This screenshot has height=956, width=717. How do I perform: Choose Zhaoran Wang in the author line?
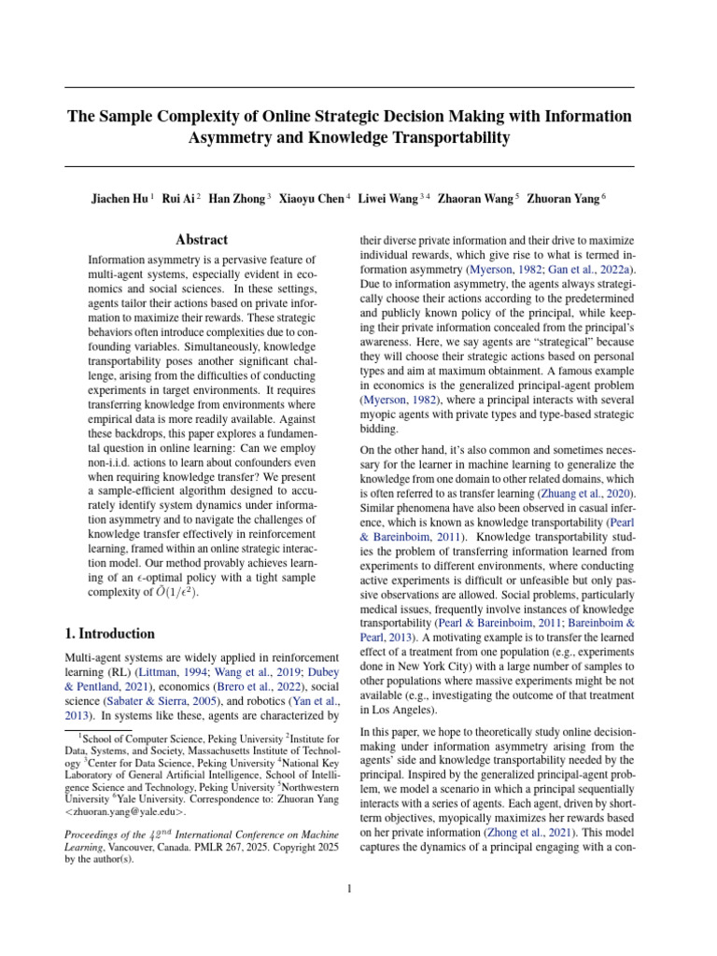coord(473,198)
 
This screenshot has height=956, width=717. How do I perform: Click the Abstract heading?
coord(202,240)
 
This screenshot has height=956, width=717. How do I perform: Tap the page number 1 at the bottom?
coord(349,889)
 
